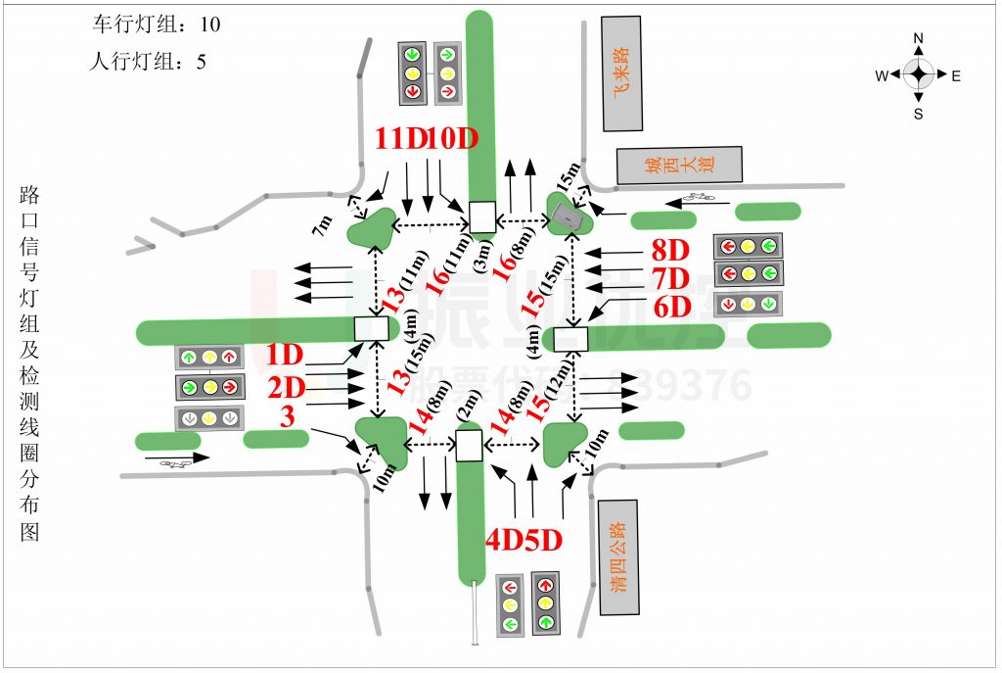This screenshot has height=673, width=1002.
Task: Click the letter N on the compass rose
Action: (x=918, y=39)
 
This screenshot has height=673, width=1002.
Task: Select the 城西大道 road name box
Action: (x=678, y=165)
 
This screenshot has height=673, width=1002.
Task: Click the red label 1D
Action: (x=286, y=355)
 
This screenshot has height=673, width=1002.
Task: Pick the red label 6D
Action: (x=672, y=307)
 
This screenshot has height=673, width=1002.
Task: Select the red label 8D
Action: (x=671, y=249)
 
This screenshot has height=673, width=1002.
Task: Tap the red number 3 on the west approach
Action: (x=287, y=417)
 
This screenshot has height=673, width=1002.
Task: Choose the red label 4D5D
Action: (x=524, y=540)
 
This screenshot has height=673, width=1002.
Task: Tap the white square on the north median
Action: (x=481, y=217)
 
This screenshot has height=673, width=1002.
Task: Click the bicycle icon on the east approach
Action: (x=699, y=199)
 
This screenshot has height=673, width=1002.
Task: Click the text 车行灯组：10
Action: (x=156, y=24)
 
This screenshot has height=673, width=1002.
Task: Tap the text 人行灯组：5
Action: (x=148, y=61)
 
